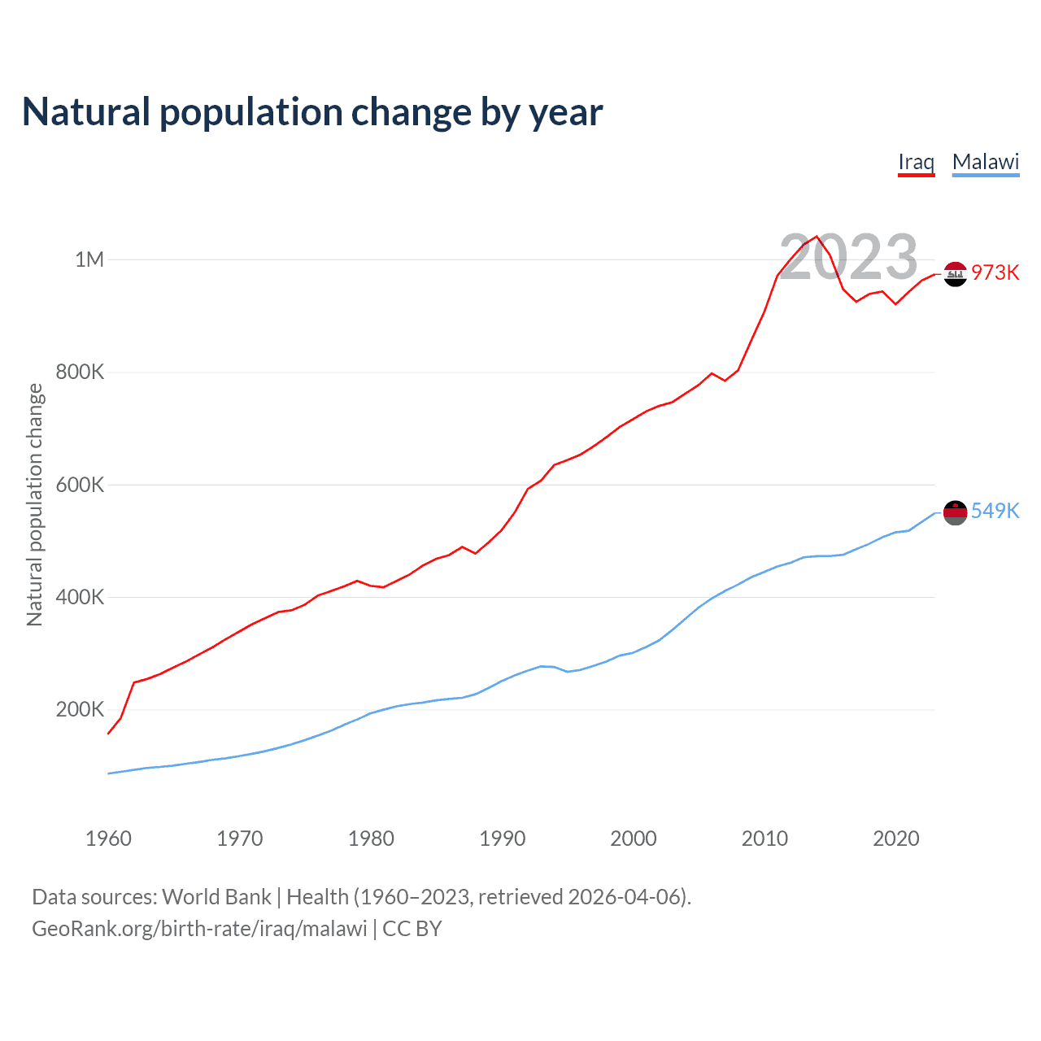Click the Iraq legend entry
(x=916, y=162)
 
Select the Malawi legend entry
(x=985, y=162)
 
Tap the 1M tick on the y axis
(x=89, y=259)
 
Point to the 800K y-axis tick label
(x=81, y=372)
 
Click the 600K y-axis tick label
(x=81, y=485)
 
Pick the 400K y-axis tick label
(x=81, y=597)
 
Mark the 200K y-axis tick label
(x=81, y=709)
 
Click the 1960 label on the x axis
(x=108, y=838)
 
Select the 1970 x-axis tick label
(x=240, y=838)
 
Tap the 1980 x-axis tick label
(x=371, y=838)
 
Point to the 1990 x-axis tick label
(x=503, y=838)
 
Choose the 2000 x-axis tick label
(x=634, y=838)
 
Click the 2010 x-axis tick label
(x=764, y=838)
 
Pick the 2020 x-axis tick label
(x=896, y=838)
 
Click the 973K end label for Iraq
(x=995, y=272)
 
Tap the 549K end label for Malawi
(x=995, y=511)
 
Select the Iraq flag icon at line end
(x=956, y=274)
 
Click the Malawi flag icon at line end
(x=956, y=512)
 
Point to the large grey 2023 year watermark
(x=848, y=257)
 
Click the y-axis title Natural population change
(x=35, y=504)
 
